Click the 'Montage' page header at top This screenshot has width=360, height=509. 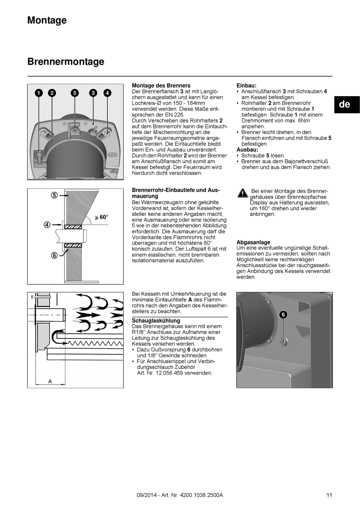pos(47,20)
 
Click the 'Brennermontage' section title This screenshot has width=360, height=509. pos(66,61)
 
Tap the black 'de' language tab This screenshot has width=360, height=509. pos(344,104)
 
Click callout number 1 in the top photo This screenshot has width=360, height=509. pos(39,93)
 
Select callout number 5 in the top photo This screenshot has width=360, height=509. pos(75,93)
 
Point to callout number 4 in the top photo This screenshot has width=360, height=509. pos(107,93)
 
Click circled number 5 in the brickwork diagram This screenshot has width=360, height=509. pos(54,195)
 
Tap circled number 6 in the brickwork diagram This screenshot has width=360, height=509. pos(54,255)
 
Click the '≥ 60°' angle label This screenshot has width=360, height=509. pos(101,217)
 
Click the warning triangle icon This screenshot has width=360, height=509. pos(243,193)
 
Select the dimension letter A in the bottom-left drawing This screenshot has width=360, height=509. pos(50,381)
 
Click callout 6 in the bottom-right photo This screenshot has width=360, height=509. pos(283,314)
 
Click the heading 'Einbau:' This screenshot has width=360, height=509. pos(246,86)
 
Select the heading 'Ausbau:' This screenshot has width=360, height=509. pos(247,150)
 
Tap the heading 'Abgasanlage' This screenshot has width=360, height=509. pos(253,242)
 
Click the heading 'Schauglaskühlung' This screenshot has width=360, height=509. pos(156,321)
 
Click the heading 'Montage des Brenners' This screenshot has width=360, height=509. pos(161,86)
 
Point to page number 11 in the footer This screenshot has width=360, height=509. pos(329,495)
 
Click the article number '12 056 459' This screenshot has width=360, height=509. pos(174,373)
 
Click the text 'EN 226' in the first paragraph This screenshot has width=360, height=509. pos(175,115)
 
